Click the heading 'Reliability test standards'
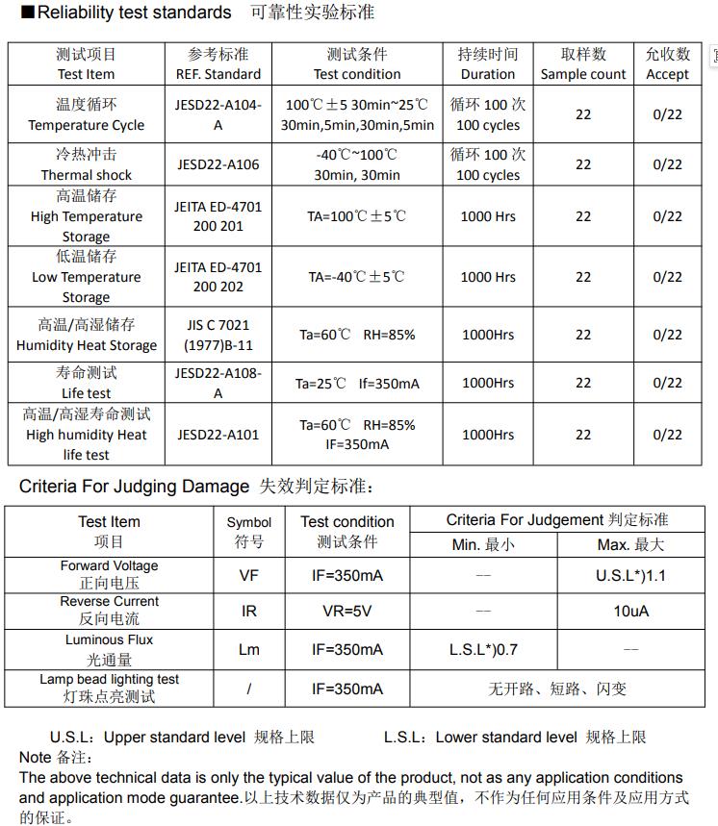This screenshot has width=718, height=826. click(134, 13)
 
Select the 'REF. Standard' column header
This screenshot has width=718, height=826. click(218, 74)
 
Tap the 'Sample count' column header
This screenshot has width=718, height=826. click(583, 74)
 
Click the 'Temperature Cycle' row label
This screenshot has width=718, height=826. click(86, 125)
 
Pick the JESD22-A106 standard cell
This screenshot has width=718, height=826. click(218, 164)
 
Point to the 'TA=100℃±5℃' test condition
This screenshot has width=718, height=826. click(357, 216)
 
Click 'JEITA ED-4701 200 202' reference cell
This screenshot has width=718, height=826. click(218, 277)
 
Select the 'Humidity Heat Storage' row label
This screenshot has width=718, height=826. click(86, 345)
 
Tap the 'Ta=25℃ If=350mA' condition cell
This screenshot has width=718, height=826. click(357, 383)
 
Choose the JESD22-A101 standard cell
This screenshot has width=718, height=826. click(218, 435)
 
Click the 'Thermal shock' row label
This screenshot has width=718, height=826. click(86, 175)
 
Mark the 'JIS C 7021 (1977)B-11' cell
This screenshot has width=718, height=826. click(218, 335)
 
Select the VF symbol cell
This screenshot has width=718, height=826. click(249, 576)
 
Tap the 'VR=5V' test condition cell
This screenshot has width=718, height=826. click(347, 612)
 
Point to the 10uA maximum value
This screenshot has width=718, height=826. click(630, 612)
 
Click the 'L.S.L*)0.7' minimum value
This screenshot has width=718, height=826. click(483, 650)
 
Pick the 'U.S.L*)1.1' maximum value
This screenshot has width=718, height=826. click(630, 576)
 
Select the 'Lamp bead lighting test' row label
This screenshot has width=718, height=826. click(109, 679)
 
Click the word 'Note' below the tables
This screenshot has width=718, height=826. click(36, 758)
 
